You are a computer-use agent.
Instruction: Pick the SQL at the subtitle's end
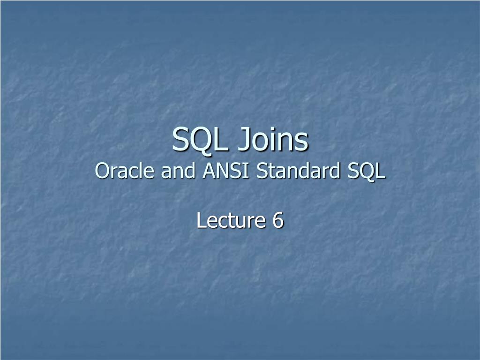pos(367,171)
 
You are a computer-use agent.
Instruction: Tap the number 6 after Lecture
pos(278,220)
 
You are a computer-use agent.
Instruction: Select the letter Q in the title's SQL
pos(201,140)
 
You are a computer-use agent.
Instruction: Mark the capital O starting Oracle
pos(101,171)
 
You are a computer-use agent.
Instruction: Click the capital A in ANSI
pos(207,171)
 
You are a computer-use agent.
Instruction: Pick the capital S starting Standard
pos(261,171)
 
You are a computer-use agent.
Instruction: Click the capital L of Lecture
pos(201,220)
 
